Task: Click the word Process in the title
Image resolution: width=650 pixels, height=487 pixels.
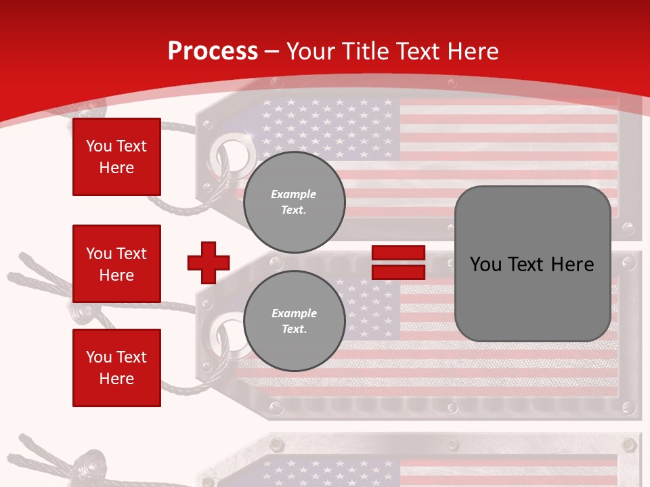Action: point(213,51)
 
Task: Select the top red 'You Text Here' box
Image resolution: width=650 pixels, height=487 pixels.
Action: point(116,157)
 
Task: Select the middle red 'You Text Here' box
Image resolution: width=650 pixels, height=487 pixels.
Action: point(116,264)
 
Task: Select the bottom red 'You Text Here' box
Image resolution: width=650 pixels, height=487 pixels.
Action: point(116,367)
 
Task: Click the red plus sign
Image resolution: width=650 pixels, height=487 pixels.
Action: point(209,262)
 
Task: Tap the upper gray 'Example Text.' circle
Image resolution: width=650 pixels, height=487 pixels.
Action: point(294,202)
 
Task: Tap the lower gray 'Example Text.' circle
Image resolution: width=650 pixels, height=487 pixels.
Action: point(294,321)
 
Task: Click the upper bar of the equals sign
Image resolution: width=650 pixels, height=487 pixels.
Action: point(398,253)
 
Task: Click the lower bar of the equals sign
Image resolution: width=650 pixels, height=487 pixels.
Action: point(398,272)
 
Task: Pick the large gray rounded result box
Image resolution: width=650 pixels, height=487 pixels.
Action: point(533,264)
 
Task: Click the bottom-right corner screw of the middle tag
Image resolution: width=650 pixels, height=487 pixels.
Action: point(628,407)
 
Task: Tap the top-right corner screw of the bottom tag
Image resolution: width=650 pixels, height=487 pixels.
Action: point(628,444)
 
